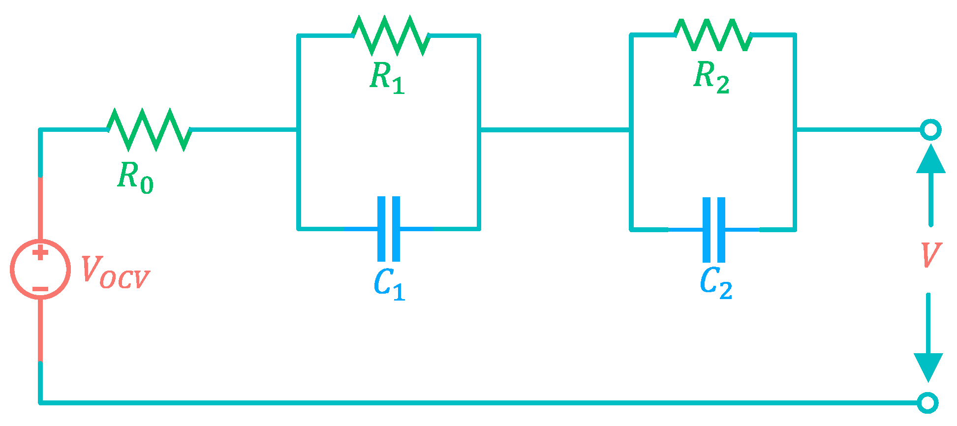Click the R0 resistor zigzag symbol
pos(149,130)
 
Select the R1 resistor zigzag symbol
pos(391,35)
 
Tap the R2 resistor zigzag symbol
pos(713,35)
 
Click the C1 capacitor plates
pos(389,229)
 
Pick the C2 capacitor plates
pos(714,230)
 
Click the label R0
pos(135,177)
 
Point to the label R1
pos(387,78)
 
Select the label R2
pos(711,78)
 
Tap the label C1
pos(389,284)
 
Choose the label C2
pos(716,283)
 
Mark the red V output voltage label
pos(930,255)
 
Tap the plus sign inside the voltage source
pos(40,253)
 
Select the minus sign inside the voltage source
pos(40,289)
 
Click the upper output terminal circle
pos(930,130)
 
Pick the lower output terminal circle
pos(928,403)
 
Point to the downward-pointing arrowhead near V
pos(928,366)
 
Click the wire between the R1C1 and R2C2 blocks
pos(555,130)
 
